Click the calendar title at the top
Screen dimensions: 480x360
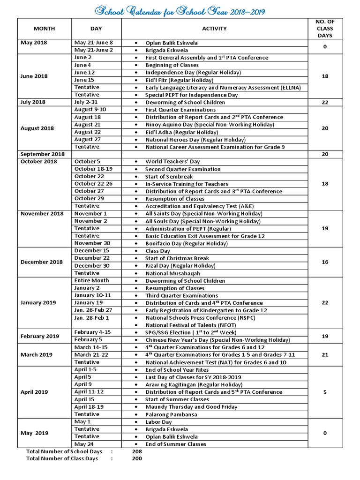180,9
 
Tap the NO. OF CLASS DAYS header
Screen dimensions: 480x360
325,28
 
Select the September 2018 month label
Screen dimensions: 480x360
42,154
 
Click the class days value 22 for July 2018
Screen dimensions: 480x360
325,102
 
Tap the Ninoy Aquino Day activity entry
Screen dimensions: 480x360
209,125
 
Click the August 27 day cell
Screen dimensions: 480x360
88,140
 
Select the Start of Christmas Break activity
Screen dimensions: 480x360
177,258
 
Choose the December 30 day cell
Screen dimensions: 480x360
92,266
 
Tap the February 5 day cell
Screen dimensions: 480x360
88,340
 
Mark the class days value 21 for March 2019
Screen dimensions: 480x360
325,355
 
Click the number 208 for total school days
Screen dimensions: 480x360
137,451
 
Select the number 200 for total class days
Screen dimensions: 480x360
137,459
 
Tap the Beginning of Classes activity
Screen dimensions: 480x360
172,65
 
